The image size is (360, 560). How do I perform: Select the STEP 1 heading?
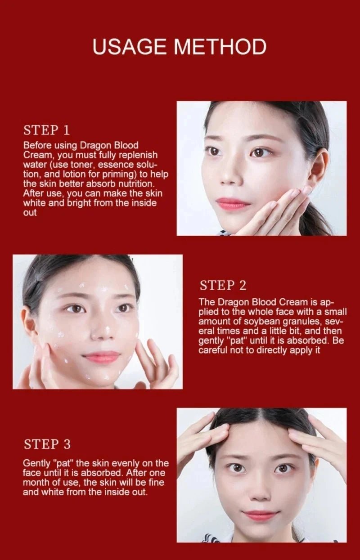pos(47,130)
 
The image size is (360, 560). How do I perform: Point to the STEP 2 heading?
pos(223,285)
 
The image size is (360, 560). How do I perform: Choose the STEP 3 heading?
pos(47,444)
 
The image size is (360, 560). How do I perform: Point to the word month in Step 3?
pos(37,482)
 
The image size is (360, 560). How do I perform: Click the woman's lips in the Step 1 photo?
pos(233,204)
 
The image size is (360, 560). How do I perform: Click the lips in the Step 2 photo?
pos(102,357)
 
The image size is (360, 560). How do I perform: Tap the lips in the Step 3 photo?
pos(261,515)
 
